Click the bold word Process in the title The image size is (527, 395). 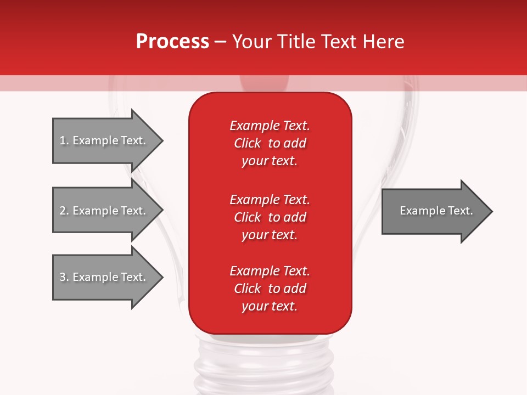pos(172,42)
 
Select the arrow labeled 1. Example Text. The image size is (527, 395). pos(104,140)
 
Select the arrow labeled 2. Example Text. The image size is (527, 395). pos(104,211)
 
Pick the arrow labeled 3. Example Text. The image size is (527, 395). pos(104,277)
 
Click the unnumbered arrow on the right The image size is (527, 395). pos(434,211)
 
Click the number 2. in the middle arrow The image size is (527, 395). pos(64,211)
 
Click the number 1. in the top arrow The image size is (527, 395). pos(64,140)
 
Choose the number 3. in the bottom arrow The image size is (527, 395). pos(64,277)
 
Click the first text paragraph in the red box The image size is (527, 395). pos(270,143)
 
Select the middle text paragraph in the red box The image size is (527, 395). pos(270,217)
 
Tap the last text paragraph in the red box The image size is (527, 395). pos(270,289)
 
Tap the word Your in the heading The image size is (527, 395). pos(251,42)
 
